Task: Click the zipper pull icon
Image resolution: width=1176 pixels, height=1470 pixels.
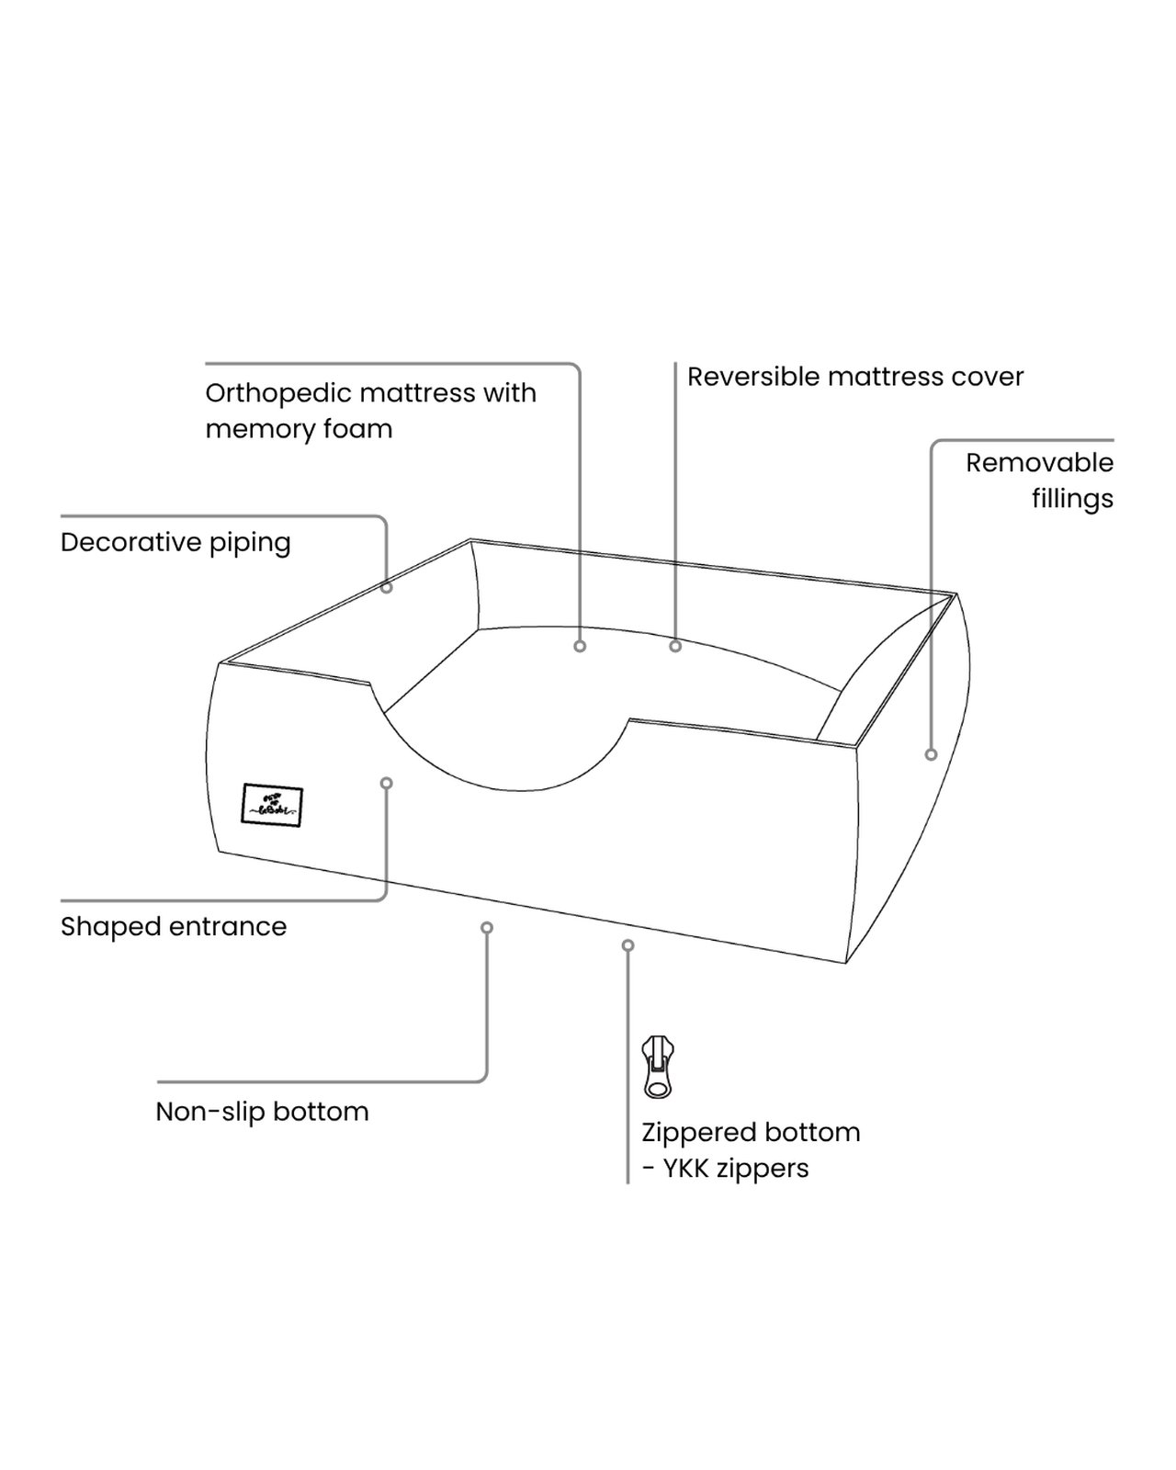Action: [x=658, y=1067]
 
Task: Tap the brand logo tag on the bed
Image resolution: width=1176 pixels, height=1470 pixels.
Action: [x=272, y=806]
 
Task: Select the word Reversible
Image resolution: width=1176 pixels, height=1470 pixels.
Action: [x=753, y=377]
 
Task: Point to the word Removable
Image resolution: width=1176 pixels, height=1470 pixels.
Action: [x=1039, y=462]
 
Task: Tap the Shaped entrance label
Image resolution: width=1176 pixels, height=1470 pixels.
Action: [x=174, y=927]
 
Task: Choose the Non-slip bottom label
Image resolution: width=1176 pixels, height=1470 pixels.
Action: [x=262, y=1112]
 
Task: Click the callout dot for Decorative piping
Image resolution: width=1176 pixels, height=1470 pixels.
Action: [x=387, y=587]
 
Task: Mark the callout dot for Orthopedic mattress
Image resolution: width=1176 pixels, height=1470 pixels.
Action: [x=580, y=647]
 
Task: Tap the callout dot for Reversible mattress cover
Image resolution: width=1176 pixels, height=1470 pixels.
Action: [x=675, y=647]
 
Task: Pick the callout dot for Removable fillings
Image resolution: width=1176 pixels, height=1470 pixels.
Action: [x=931, y=754]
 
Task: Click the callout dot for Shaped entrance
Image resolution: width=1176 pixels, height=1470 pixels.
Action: [x=387, y=783]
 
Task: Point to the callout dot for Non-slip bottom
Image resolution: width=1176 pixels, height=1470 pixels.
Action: [x=487, y=928]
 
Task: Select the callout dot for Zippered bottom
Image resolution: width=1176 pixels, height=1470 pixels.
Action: [x=628, y=945]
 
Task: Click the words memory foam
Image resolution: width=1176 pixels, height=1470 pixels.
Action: [x=299, y=430]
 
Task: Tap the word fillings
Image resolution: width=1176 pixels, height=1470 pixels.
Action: [x=1072, y=499]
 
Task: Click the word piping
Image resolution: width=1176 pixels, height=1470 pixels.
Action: [x=250, y=543]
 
